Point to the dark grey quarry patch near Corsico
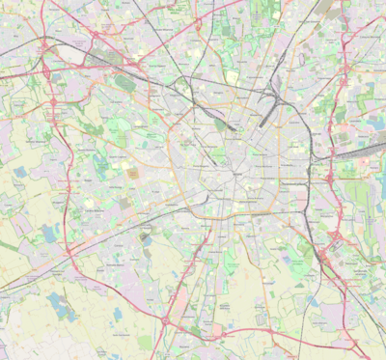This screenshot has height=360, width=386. [x=146, y=234]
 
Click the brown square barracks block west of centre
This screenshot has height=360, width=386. [x=131, y=174]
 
